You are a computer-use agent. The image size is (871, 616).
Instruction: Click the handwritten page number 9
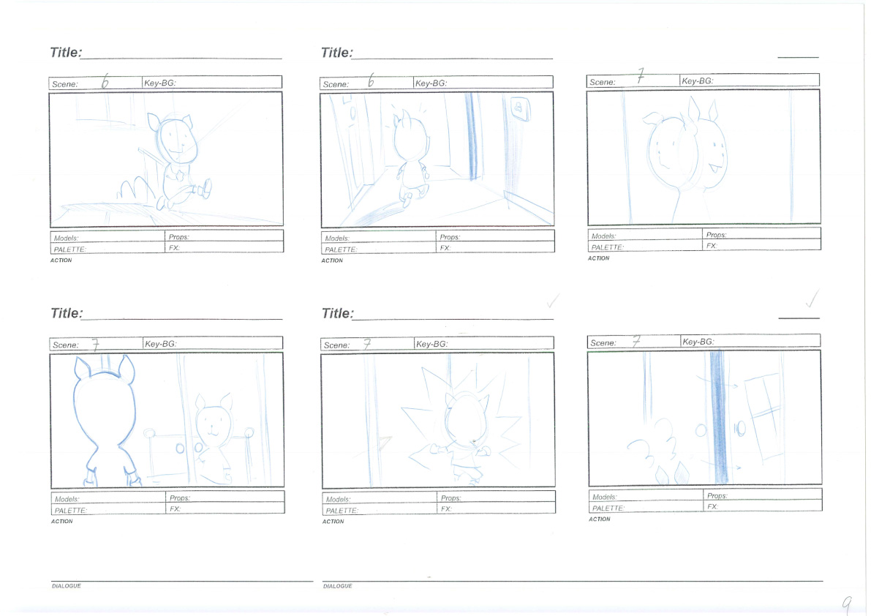pos(847,604)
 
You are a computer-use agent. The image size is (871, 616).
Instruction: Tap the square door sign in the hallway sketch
pos(519,109)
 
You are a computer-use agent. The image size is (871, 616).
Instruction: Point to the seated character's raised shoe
pos(206,188)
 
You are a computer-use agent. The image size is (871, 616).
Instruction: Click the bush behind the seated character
pos(135,189)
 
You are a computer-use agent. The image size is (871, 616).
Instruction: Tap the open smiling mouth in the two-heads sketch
pos(715,168)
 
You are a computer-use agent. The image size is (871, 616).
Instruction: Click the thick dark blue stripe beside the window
pos(718,416)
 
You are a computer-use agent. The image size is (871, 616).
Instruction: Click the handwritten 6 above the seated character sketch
pos(105,82)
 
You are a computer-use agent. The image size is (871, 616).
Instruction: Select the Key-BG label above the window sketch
pos(698,342)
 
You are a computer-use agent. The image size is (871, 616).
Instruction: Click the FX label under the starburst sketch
pos(446,508)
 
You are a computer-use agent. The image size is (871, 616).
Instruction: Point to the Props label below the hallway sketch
pos(449,237)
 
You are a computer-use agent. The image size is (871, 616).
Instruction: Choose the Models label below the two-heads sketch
pos(604,236)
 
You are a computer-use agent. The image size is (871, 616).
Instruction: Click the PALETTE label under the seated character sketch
pos(69,249)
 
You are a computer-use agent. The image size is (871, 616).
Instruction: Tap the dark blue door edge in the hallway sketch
pos(472,137)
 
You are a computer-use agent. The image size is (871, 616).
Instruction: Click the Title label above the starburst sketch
pos(337,313)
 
